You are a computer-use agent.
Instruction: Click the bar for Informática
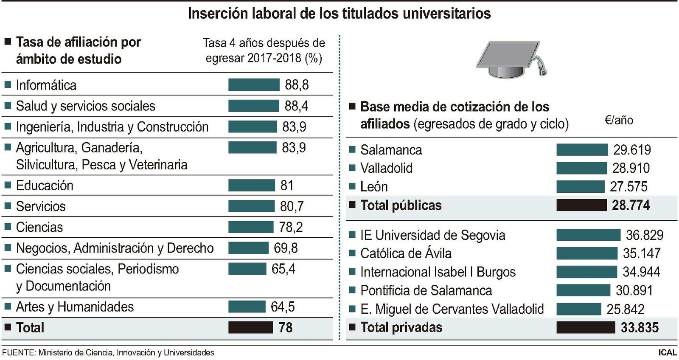click(254, 84)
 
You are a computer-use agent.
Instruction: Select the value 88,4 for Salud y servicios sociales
click(296, 106)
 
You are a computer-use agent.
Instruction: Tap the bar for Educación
click(251, 185)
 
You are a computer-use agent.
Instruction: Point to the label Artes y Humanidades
click(75, 307)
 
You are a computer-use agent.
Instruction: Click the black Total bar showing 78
click(250, 327)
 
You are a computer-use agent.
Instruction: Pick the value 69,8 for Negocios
click(286, 248)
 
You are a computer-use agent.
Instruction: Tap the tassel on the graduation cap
click(542, 68)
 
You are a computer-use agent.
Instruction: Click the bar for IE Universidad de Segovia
click(588, 235)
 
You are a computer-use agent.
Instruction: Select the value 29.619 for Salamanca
click(632, 150)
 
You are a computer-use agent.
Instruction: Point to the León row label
click(374, 187)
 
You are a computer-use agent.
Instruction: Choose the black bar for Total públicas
click(581, 205)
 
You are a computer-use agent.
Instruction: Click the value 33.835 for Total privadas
click(640, 327)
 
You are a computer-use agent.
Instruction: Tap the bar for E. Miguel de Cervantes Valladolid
click(578, 309)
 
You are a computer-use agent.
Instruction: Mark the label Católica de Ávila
click(406, 253)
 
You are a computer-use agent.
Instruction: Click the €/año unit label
click(619, 120)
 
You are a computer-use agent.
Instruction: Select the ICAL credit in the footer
click(667, 352)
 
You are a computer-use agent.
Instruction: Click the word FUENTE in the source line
click(18, 352)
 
